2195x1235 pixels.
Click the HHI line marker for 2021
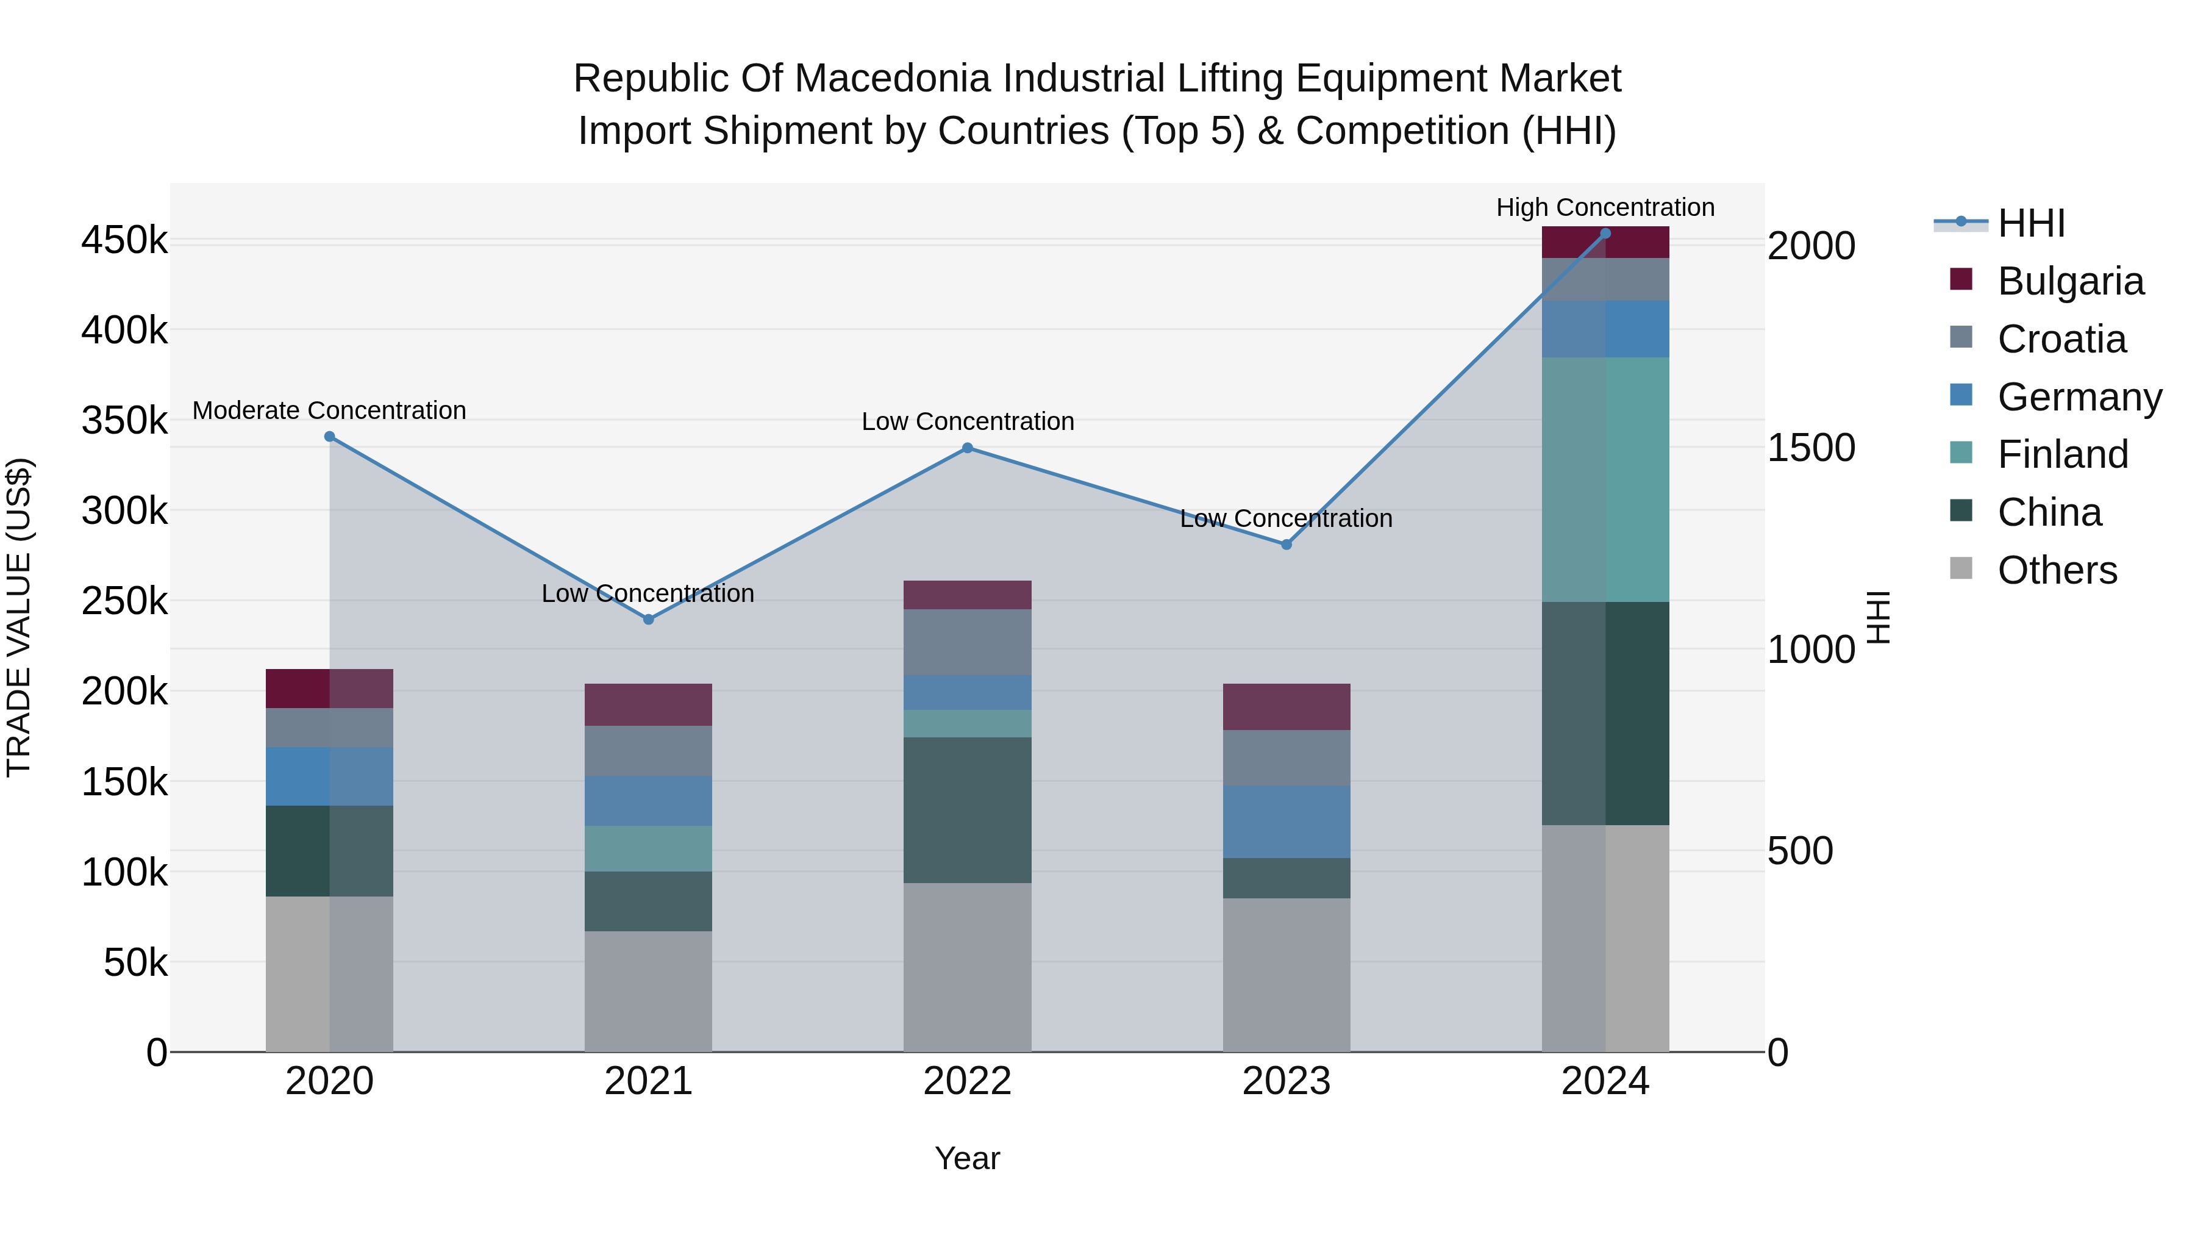point(649,620)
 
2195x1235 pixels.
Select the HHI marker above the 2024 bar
point(1605,234)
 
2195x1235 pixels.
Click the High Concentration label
point(1605,208)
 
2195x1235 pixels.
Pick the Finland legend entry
point(2062,454)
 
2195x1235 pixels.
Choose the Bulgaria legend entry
point(2070,281)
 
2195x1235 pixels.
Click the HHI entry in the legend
point(2030,223)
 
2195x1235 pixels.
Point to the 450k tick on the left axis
point(124,240)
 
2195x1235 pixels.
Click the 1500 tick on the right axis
point(1811,448)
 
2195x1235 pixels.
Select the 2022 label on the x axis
point(967,1081)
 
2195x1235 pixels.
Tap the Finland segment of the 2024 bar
point(1605,480)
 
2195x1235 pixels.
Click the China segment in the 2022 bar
point(967,810)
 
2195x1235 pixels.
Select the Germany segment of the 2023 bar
point(1287,822)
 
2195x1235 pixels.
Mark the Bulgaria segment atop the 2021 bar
point(649,705)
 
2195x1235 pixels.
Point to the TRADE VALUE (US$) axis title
point(19,617)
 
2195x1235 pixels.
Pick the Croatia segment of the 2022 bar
point(967,643)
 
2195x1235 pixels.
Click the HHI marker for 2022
point(967,448)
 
